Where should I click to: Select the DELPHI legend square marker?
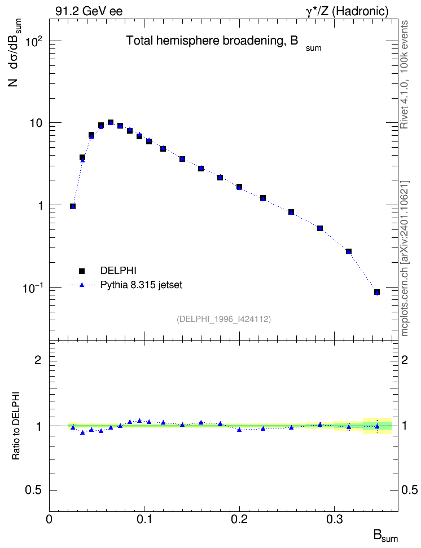[82, 271]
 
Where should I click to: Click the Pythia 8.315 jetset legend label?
[142, 285]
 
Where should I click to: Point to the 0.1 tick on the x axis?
[144, 519]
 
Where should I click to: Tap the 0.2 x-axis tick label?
[239, 519]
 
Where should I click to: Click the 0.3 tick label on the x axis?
[335, 519]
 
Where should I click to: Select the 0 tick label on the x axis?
[49, 519]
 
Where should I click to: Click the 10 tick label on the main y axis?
[36, 123]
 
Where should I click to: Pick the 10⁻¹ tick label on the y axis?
[33, 288]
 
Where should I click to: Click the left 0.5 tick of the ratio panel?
[34, 490]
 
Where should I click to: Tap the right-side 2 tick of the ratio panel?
[405, 360]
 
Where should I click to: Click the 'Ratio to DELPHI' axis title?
[16, 426]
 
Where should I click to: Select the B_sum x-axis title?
[385, 536]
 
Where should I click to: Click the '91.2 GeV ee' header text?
[89, 11]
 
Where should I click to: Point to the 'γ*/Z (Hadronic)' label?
[347, 11]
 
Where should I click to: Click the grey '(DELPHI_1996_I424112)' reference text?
[224, 319]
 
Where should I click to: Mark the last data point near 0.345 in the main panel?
[377, 292]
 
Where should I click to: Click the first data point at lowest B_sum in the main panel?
[73, 206]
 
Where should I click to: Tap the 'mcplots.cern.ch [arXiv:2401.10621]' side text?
[405, 259]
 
